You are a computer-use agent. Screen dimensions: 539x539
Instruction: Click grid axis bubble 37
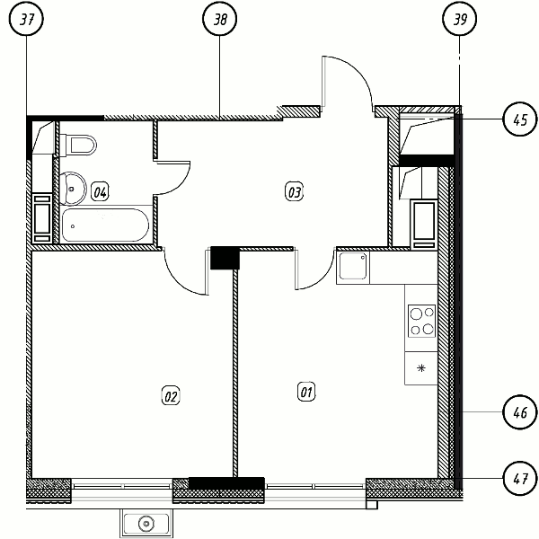27,19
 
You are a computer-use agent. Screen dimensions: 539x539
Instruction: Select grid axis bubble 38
220,19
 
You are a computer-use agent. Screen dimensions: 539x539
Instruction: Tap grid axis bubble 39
460,19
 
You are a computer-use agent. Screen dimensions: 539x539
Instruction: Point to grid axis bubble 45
520,119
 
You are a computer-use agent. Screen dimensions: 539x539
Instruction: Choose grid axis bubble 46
520,411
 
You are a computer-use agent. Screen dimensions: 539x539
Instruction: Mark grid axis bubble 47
520,478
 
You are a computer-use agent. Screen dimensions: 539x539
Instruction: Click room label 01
306,392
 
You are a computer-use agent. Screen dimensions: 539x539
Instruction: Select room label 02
171,396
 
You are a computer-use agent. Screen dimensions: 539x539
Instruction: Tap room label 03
294,192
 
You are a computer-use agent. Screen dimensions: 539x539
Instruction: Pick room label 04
100,191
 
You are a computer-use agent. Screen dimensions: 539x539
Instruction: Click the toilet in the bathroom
78,145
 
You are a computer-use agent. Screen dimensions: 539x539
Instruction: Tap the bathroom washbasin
73,189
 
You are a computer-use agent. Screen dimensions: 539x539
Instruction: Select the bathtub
105,225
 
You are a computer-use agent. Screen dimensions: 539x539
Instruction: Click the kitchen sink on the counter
353,268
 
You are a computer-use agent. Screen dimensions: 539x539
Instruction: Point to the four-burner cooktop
422,321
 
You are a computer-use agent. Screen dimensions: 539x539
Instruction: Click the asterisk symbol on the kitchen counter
421,368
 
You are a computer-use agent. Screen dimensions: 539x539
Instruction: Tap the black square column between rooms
225,258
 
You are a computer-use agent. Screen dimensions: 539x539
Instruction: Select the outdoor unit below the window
146,523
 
